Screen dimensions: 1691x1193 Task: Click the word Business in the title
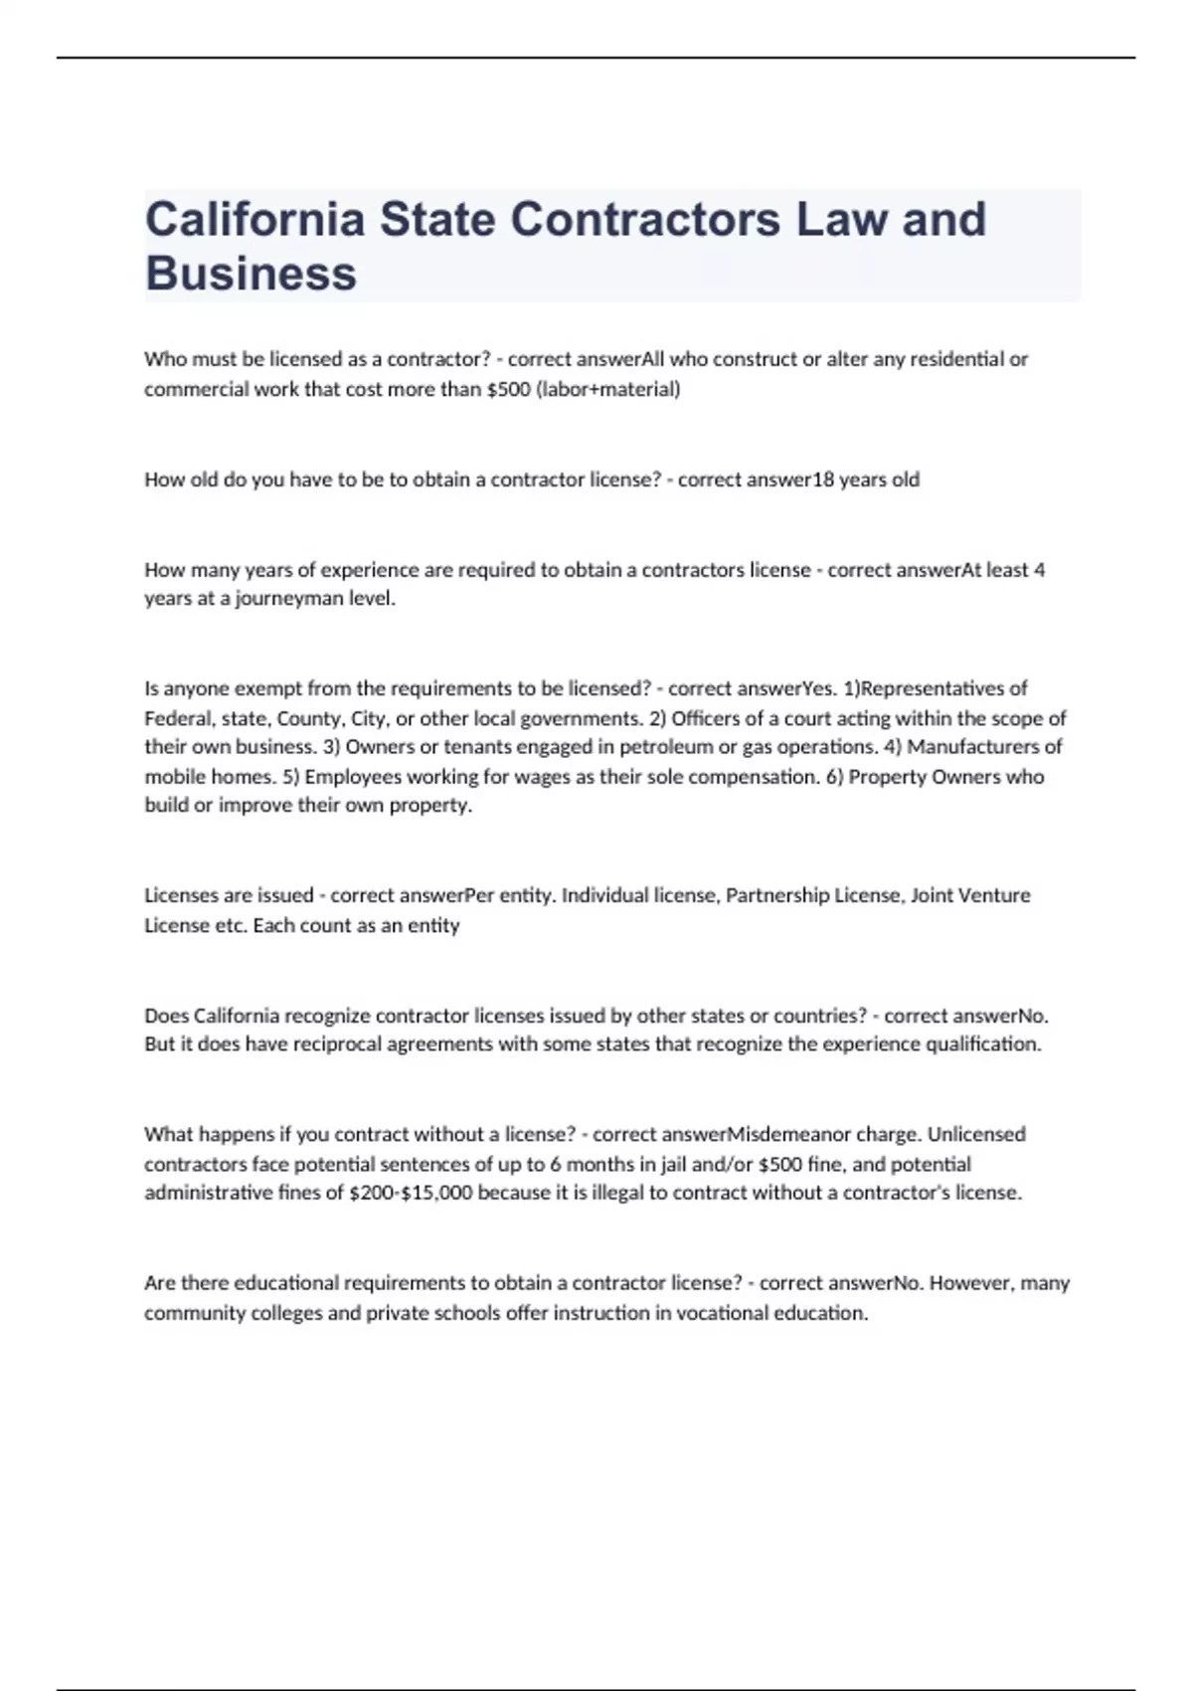click(x=251, y=274)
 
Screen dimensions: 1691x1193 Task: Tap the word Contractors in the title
click(x=645, y=219)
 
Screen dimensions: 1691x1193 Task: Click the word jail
click(x=674, y=1164)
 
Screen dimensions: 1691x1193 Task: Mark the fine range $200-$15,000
click(x=411, y=1193)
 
